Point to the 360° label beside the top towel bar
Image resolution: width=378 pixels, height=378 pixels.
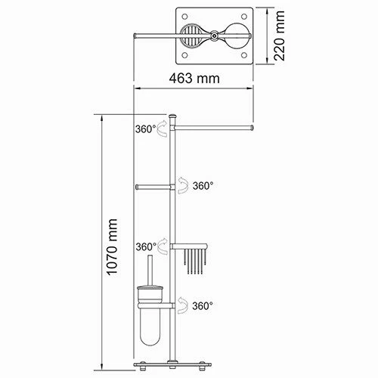[x=146, y=129]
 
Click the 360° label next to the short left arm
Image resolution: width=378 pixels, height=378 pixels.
[x=202, y=185]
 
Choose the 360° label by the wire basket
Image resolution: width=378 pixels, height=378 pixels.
[x=146, y=246]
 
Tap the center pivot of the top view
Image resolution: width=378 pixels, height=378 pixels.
[x=215, y=36]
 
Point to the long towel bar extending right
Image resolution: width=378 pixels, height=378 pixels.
[x=215, y=129]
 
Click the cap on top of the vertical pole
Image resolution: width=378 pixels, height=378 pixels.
[x=173, y=116]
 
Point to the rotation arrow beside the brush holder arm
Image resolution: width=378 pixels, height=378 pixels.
[x=182, y=305]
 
